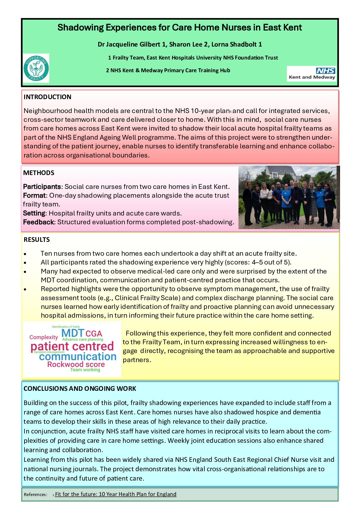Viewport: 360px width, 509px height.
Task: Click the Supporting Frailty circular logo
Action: [36, 68]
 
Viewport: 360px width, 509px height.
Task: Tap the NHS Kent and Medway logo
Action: [312, 74]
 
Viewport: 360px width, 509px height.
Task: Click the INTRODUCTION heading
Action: [47, 97]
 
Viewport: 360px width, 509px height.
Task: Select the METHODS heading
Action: [39, 173]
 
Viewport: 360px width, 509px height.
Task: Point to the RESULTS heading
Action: [37, 240]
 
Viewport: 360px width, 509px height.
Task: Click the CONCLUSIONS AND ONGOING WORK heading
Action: [80, 389]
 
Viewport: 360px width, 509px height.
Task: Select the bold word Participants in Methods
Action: [42, 186]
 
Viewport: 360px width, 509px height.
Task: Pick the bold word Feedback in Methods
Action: [38, 222]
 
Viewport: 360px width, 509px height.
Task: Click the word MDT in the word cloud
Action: [73, 334]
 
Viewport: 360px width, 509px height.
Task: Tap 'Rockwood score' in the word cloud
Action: [76, 365]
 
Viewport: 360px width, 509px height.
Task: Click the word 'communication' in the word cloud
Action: [78, 357]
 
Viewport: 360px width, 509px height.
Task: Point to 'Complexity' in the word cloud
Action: [44, 337]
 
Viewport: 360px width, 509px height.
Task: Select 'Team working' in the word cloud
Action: [85, 370]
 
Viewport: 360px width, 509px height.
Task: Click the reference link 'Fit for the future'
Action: [115, 494]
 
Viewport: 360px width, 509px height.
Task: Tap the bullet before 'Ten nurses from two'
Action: [26, 254]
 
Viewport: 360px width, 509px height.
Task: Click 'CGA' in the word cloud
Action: [94, 334]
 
